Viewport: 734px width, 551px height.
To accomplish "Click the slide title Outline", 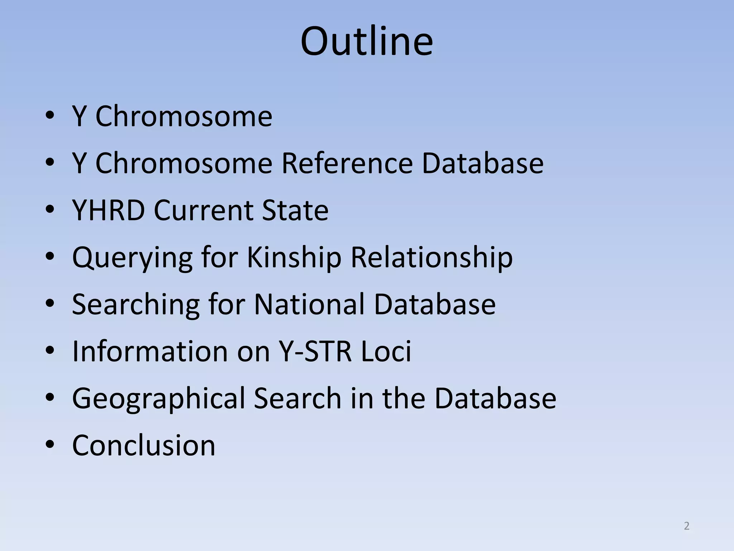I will [x=367, y=41].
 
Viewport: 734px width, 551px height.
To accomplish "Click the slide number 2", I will [x=686, y=526].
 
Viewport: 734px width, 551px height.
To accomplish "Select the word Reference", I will [x=347, y=163].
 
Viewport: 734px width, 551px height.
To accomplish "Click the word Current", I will [x=203, y=210].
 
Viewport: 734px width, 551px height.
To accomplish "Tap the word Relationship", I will [x=432, y=258].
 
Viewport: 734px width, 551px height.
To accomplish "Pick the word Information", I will [x=149, y=351].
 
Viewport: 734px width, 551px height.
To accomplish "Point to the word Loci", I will [x=386, y=351].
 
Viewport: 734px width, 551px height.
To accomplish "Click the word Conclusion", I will [x=144, y=445].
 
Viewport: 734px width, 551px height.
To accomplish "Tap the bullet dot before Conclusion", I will [x=50, y=445].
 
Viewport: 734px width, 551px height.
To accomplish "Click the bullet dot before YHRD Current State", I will [x=50, y=210].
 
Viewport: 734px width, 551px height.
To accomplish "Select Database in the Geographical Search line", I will [x=495, y=398].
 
